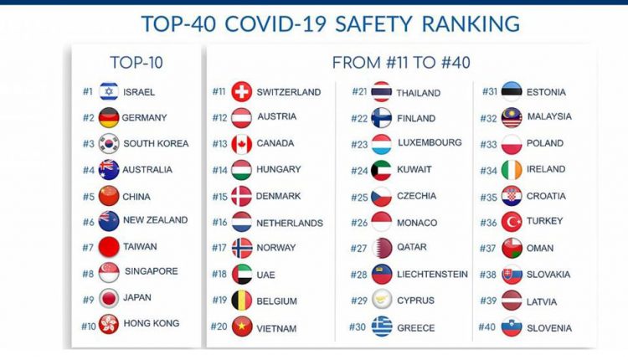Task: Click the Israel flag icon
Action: tap(108, 91)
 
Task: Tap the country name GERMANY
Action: tap(144, 118)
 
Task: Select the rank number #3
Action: tap(88, 144)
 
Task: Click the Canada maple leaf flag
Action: tap(241, 143)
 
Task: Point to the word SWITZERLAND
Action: tap(288, 92)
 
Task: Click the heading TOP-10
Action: tap(136, 62)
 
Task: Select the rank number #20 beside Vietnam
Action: tap(219, 327)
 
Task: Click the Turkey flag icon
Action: tap(512, 222)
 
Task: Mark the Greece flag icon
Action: tap(382, 327)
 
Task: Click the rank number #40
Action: tap(486, 327)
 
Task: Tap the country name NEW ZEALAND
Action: tap(155, 221)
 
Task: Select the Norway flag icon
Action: tap(241, 248)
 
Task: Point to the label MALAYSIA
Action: tap(549, 117)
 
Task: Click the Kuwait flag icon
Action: tap(382, 170)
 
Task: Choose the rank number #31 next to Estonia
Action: tap(490, 92)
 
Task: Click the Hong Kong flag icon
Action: tap(108, 324)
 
